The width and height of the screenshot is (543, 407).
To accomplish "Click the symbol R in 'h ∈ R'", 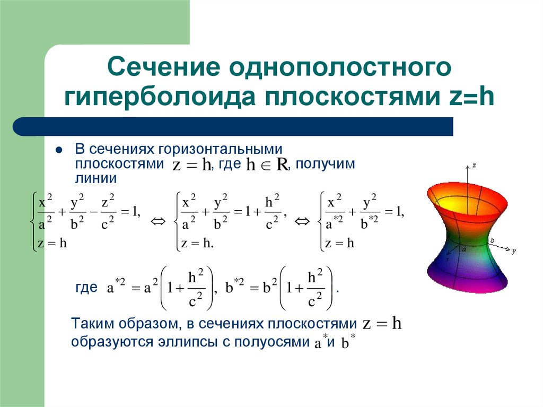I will (281, 166).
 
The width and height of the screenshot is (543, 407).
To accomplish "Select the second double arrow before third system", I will (301, 221).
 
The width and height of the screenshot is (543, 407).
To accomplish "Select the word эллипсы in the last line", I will (186, 342).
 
